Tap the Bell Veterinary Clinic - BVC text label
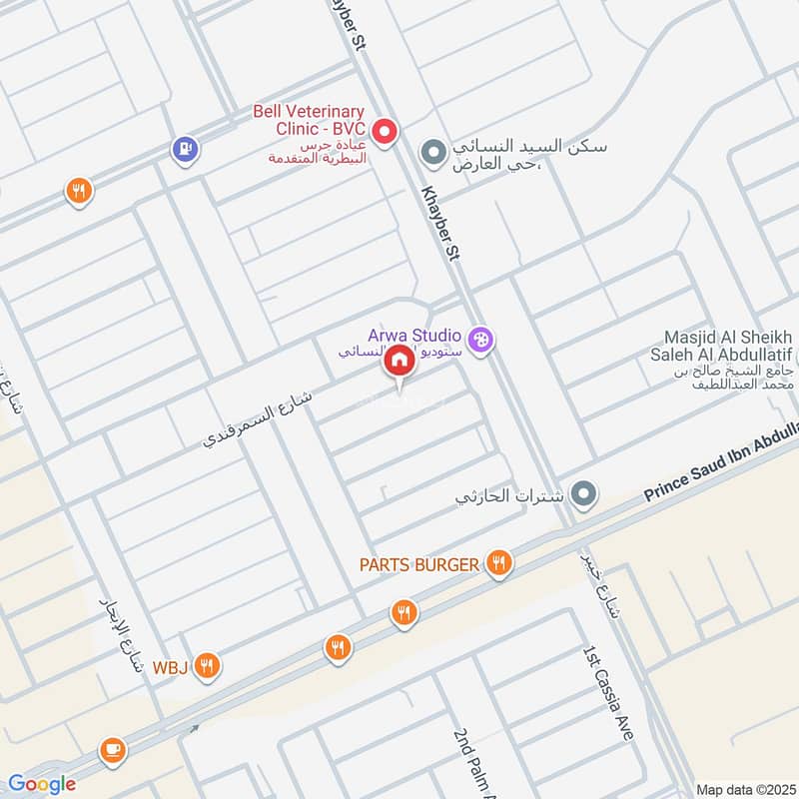pos(309,122)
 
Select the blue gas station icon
pos(186,150)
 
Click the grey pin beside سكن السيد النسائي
pos(432,153)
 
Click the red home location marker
pos(399,361)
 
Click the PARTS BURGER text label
pos(419,565)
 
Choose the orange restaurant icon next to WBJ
pos(207,664)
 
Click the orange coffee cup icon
pos(111,748)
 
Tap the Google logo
pos(41,784)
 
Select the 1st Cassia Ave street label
pos(608,691)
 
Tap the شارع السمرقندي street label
pos(259,416)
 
